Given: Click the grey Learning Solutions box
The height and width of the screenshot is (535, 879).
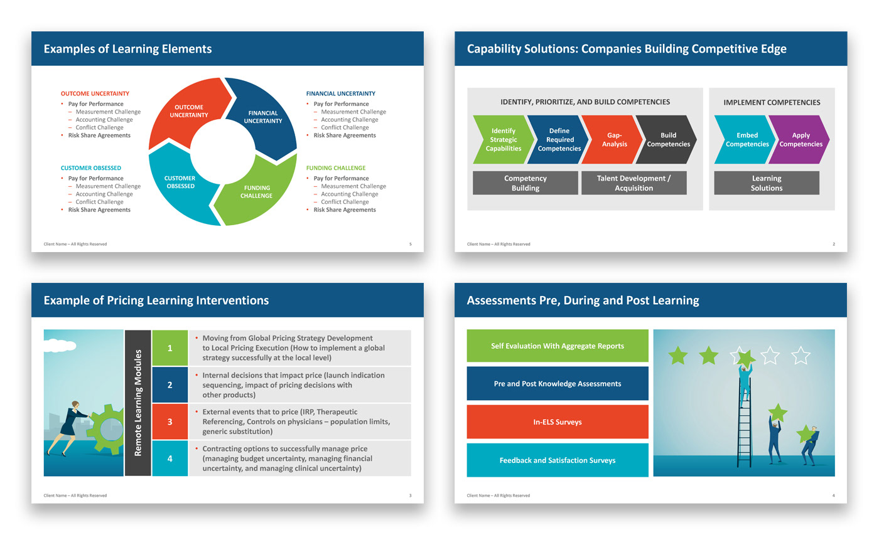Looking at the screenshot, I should (767, 183).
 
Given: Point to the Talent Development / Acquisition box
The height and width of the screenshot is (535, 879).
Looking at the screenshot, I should (634, 183).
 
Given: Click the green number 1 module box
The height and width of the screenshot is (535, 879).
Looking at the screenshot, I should (170, 347).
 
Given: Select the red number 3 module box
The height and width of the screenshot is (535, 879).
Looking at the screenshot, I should (170, 421).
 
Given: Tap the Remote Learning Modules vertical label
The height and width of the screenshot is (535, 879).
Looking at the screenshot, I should (138, 403).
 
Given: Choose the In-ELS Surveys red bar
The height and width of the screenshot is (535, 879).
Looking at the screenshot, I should (558, 422).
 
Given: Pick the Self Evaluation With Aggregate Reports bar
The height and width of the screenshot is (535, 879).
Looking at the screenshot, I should (558, 346).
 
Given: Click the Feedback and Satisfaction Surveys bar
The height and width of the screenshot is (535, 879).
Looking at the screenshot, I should (558, 460).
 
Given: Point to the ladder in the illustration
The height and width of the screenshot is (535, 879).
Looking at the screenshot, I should (744, 426).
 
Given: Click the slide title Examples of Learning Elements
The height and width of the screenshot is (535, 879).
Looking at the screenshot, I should (127, 49).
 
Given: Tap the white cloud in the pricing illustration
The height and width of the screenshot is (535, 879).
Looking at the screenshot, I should (60, 346).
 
